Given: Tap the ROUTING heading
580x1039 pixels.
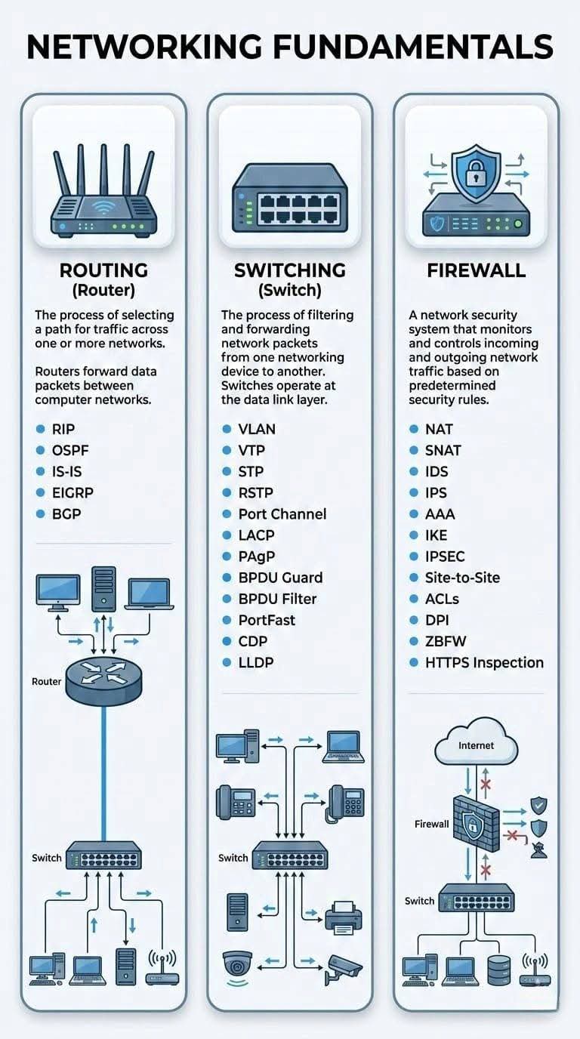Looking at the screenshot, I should pyautogui.click(x=103, y=270).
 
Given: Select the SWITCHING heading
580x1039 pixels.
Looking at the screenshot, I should pyautogui.click(x=290, y=270).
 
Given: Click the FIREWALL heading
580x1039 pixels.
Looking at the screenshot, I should pyautogui.click(x=476, y=270).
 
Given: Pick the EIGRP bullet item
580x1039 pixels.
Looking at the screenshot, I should pyautogui.click(x=72, y=492).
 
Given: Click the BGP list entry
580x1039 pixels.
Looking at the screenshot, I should pyautogui.click(x=66, y=513).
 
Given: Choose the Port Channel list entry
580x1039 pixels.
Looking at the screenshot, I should pyautogui.click(x=282, y=513).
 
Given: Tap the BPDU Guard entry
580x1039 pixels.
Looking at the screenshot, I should pyautogui.click(x=279, y=578).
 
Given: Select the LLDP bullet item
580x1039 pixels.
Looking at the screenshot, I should pyautogui.click(x=255, y=662).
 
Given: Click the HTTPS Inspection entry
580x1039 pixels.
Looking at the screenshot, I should pyautogui.click(x=484, y=662).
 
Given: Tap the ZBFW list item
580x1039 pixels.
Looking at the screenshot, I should pyautogui.click(x=446, y=641).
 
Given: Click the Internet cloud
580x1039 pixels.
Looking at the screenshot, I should pyautogui.click(x=477, y=746).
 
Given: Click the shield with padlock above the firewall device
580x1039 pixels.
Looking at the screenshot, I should pyautogui.click(x=476, y=174).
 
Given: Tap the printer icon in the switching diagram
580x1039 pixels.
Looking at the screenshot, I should pyautogui.click(x=344, y=915).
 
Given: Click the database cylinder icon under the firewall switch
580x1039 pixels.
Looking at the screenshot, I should pyautogui.click(x=498, y=970).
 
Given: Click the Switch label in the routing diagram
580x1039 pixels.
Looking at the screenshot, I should pyautogui.click(x=47, y=858).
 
